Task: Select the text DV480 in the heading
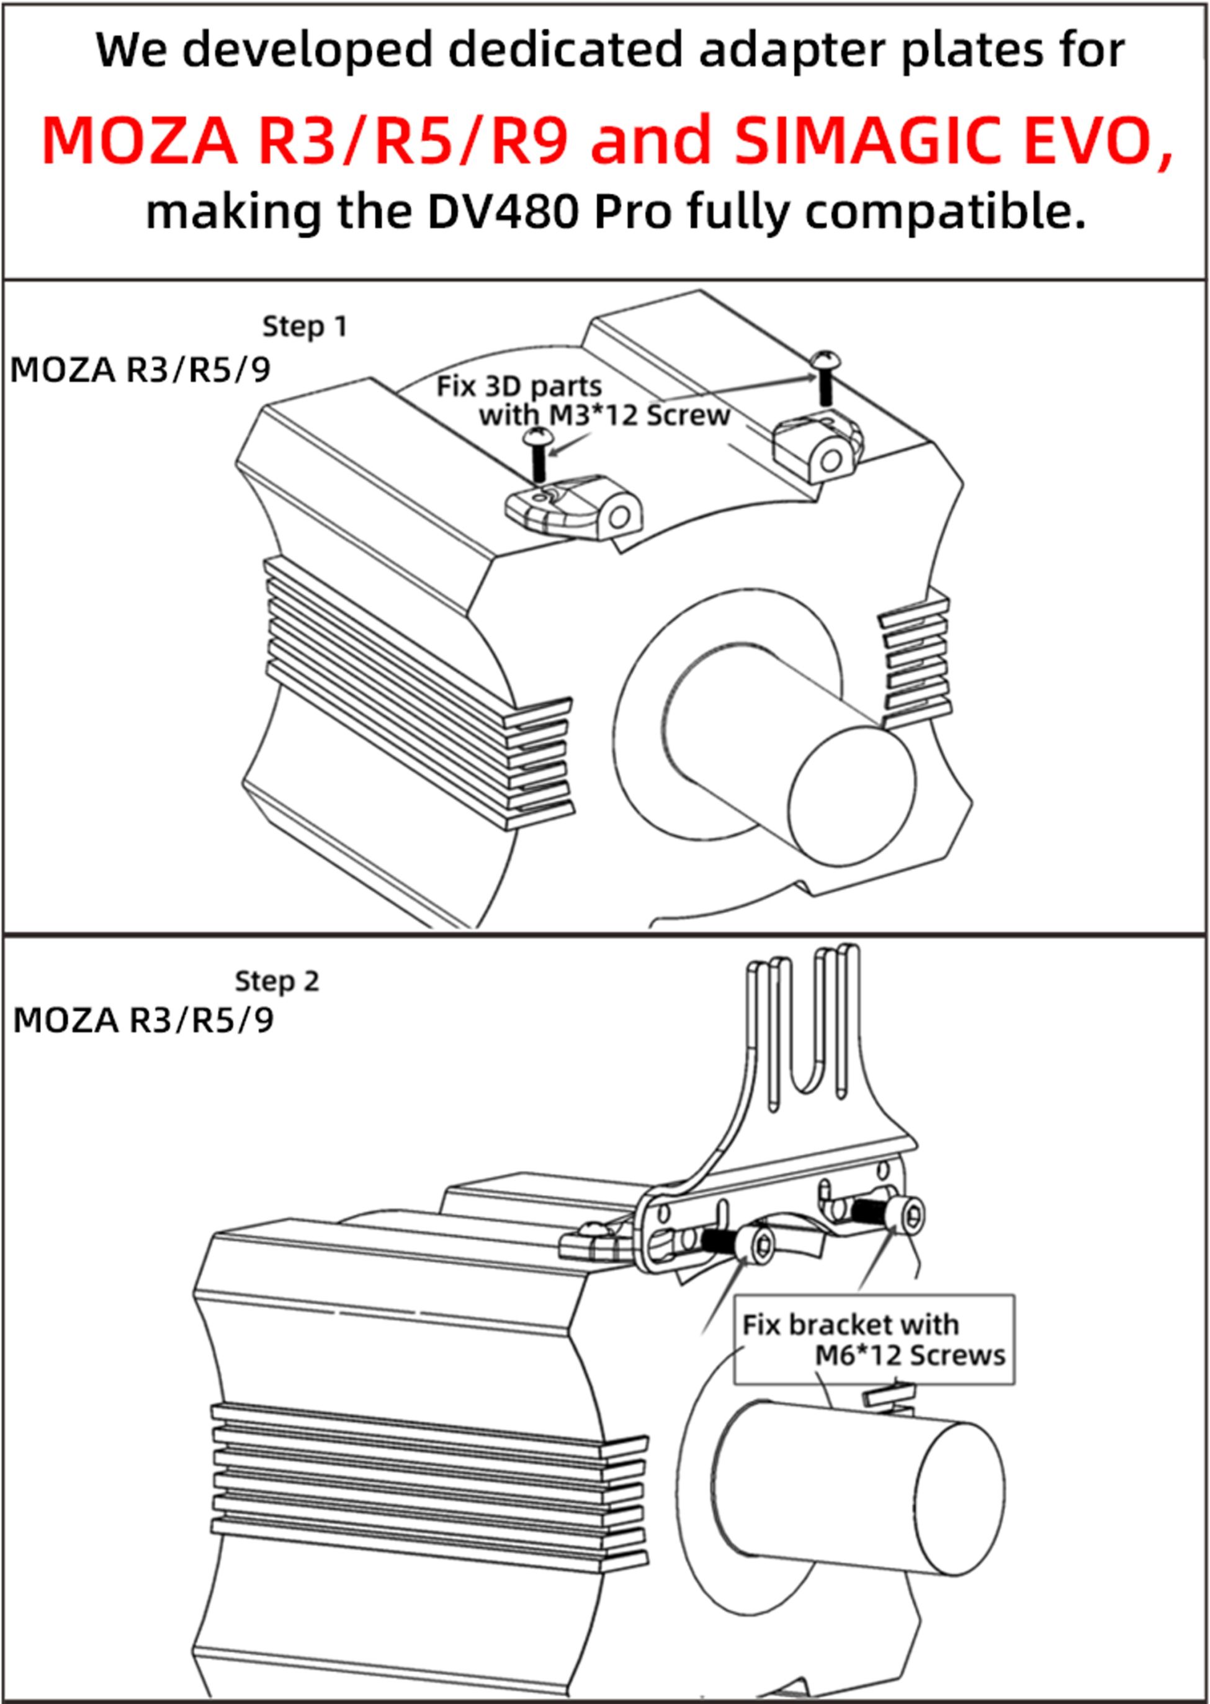[503, 212]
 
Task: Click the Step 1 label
[305, 326]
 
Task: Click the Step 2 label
[277, 981]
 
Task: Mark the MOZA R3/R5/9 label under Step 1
[140, 370]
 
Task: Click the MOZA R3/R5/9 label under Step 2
[143, 1020]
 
